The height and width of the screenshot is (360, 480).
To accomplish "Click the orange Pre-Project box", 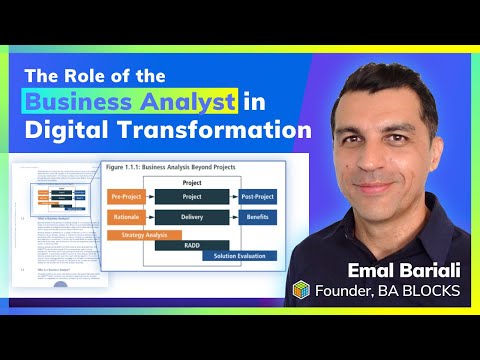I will [x=126, y=198].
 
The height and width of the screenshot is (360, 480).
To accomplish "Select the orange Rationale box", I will [x=126, y=217].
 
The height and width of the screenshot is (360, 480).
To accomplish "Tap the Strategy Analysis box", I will [x=143, y=235].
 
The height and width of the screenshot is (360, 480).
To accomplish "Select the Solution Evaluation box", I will [x=240, y=256].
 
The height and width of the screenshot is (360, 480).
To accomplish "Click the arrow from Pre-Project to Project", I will [x=150, y=198].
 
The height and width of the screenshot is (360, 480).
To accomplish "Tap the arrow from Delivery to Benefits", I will [x=234, y=217].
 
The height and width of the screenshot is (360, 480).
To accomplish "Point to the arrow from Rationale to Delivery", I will [x=150, y=217].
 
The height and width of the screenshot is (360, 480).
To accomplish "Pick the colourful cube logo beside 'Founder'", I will [x=301, y=290].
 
